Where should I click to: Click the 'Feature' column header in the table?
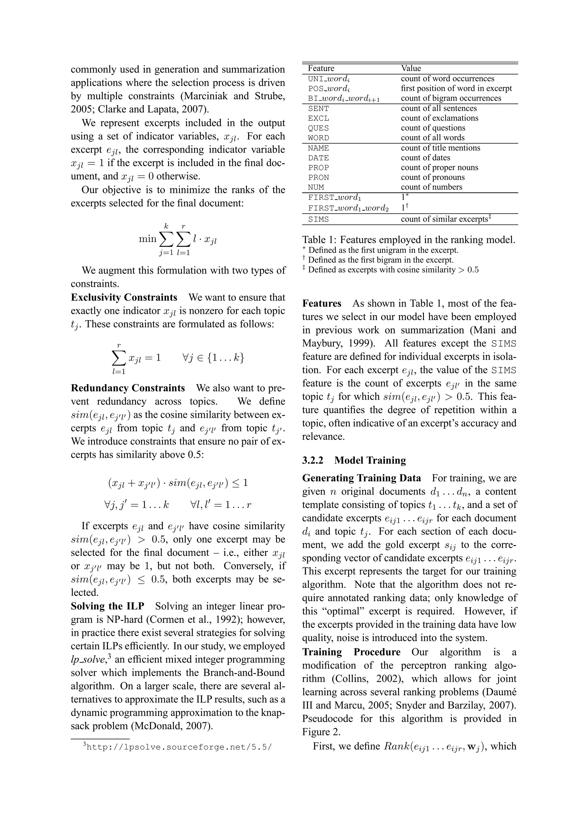(x=321, y=68)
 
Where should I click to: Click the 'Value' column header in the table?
(x=411, y=68)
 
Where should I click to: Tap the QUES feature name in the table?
(x=318, y=128)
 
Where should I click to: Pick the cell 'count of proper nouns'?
(x=439, y=168)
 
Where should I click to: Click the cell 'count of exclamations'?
(x=439, y=118)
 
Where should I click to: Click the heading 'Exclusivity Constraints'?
(x=124, y=298)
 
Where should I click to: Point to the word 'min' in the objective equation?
(x=147, y=239)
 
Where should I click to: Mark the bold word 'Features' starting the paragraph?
(x=322, y=304)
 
